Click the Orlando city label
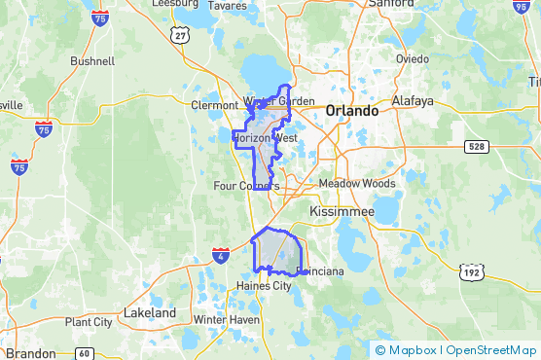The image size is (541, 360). click(351, 111)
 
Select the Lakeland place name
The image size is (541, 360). click(150, 313)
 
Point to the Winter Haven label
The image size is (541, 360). click(226, 320)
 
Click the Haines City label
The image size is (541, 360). click(264, 286)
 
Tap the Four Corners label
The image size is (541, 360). click(245, 185)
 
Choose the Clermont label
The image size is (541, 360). click(214, 105)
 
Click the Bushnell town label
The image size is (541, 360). click(92, 60)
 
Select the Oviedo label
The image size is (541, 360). click(412, 58)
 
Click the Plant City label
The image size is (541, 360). click(88, 322)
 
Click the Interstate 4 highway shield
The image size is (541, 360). click(221, 255)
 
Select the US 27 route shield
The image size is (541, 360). click(179, 35)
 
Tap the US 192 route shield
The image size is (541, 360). click(472, 271)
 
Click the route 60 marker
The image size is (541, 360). click(85, 352)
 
